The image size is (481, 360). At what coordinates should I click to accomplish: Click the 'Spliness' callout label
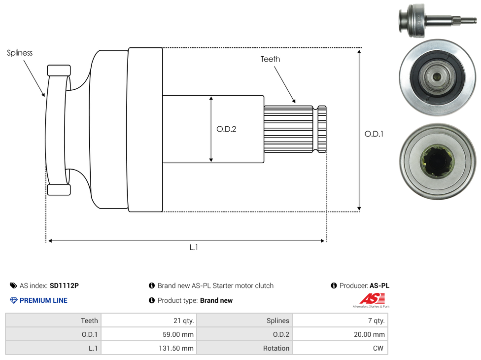pyautogui.click(x=20, y=53)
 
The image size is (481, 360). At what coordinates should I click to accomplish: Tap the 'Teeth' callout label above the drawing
pyautogui.click(x=270, y=59)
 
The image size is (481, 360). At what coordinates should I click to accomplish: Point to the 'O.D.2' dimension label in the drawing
pyautogui.click(x=227, y=129)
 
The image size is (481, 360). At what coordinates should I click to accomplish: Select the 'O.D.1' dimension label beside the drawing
pyautogui.click(x=374, y=134)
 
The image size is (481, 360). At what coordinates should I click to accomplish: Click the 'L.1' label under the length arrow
pyautogui.click(x=194, y=247)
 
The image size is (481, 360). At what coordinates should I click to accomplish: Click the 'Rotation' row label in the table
pyautogui.click(x=276, y=348)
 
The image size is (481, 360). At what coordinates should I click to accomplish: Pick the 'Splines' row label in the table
pyautogui.click(x=278, y=321)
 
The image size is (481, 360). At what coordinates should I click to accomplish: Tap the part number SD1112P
pyautogui.click(x=64, y=286)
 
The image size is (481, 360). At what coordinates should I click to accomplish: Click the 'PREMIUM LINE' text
pyautogui.click(x=43, y=300)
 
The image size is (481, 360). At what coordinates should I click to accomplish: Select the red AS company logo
pyautogui.click(x=372, y=299)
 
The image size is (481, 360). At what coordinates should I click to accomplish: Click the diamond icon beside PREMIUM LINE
pyautogui.click(x=14, y=300)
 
